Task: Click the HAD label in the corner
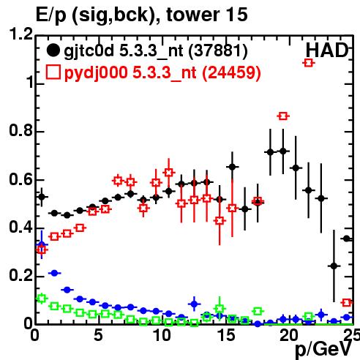tap(327, 50)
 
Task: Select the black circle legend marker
tap(53, 50)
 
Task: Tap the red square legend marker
tap(53, 72)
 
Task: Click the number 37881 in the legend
tap(218, 50)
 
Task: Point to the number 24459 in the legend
tap(231, 72)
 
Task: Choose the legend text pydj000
tap(96, 73)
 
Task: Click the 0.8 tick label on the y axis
tap(20, 130)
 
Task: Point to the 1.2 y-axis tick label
tap(20, 34)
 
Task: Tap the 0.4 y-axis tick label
tap(20, 227)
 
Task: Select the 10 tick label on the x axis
tap(162, 335)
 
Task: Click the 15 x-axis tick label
tap(226, 335)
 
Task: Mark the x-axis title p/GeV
tap(324, 350)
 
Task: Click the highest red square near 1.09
tap(309, 63)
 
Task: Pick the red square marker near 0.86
tap(283, 116)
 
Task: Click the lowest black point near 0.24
tap(334, 266)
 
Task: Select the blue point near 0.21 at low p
tap(54, 273)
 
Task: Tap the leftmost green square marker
tap(42, 299)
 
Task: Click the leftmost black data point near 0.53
tap(42, 197)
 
